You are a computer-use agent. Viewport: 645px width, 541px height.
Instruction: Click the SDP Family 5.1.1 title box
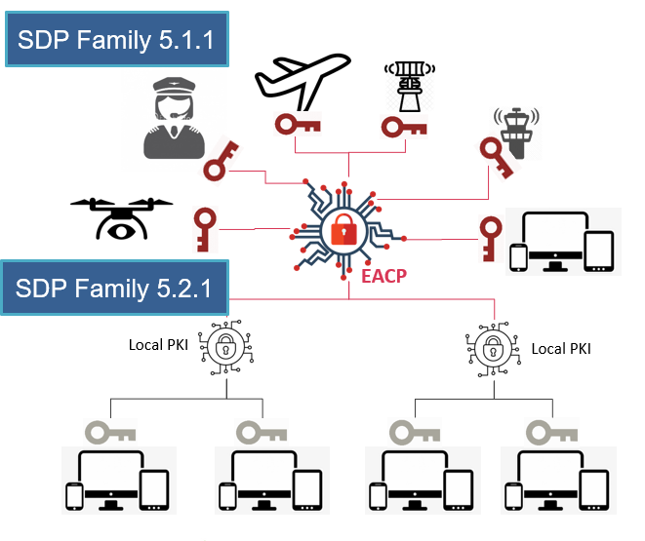click(116, 40)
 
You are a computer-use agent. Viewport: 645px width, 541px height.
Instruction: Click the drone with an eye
click(121, 216)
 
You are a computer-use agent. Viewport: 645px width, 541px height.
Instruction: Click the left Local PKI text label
click(159, 344)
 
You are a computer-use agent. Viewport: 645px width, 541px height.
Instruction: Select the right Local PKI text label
click(560, 348)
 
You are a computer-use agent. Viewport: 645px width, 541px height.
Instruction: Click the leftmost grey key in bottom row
click(108, 431)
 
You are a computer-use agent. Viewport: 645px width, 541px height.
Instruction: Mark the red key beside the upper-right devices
click(492, 235)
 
